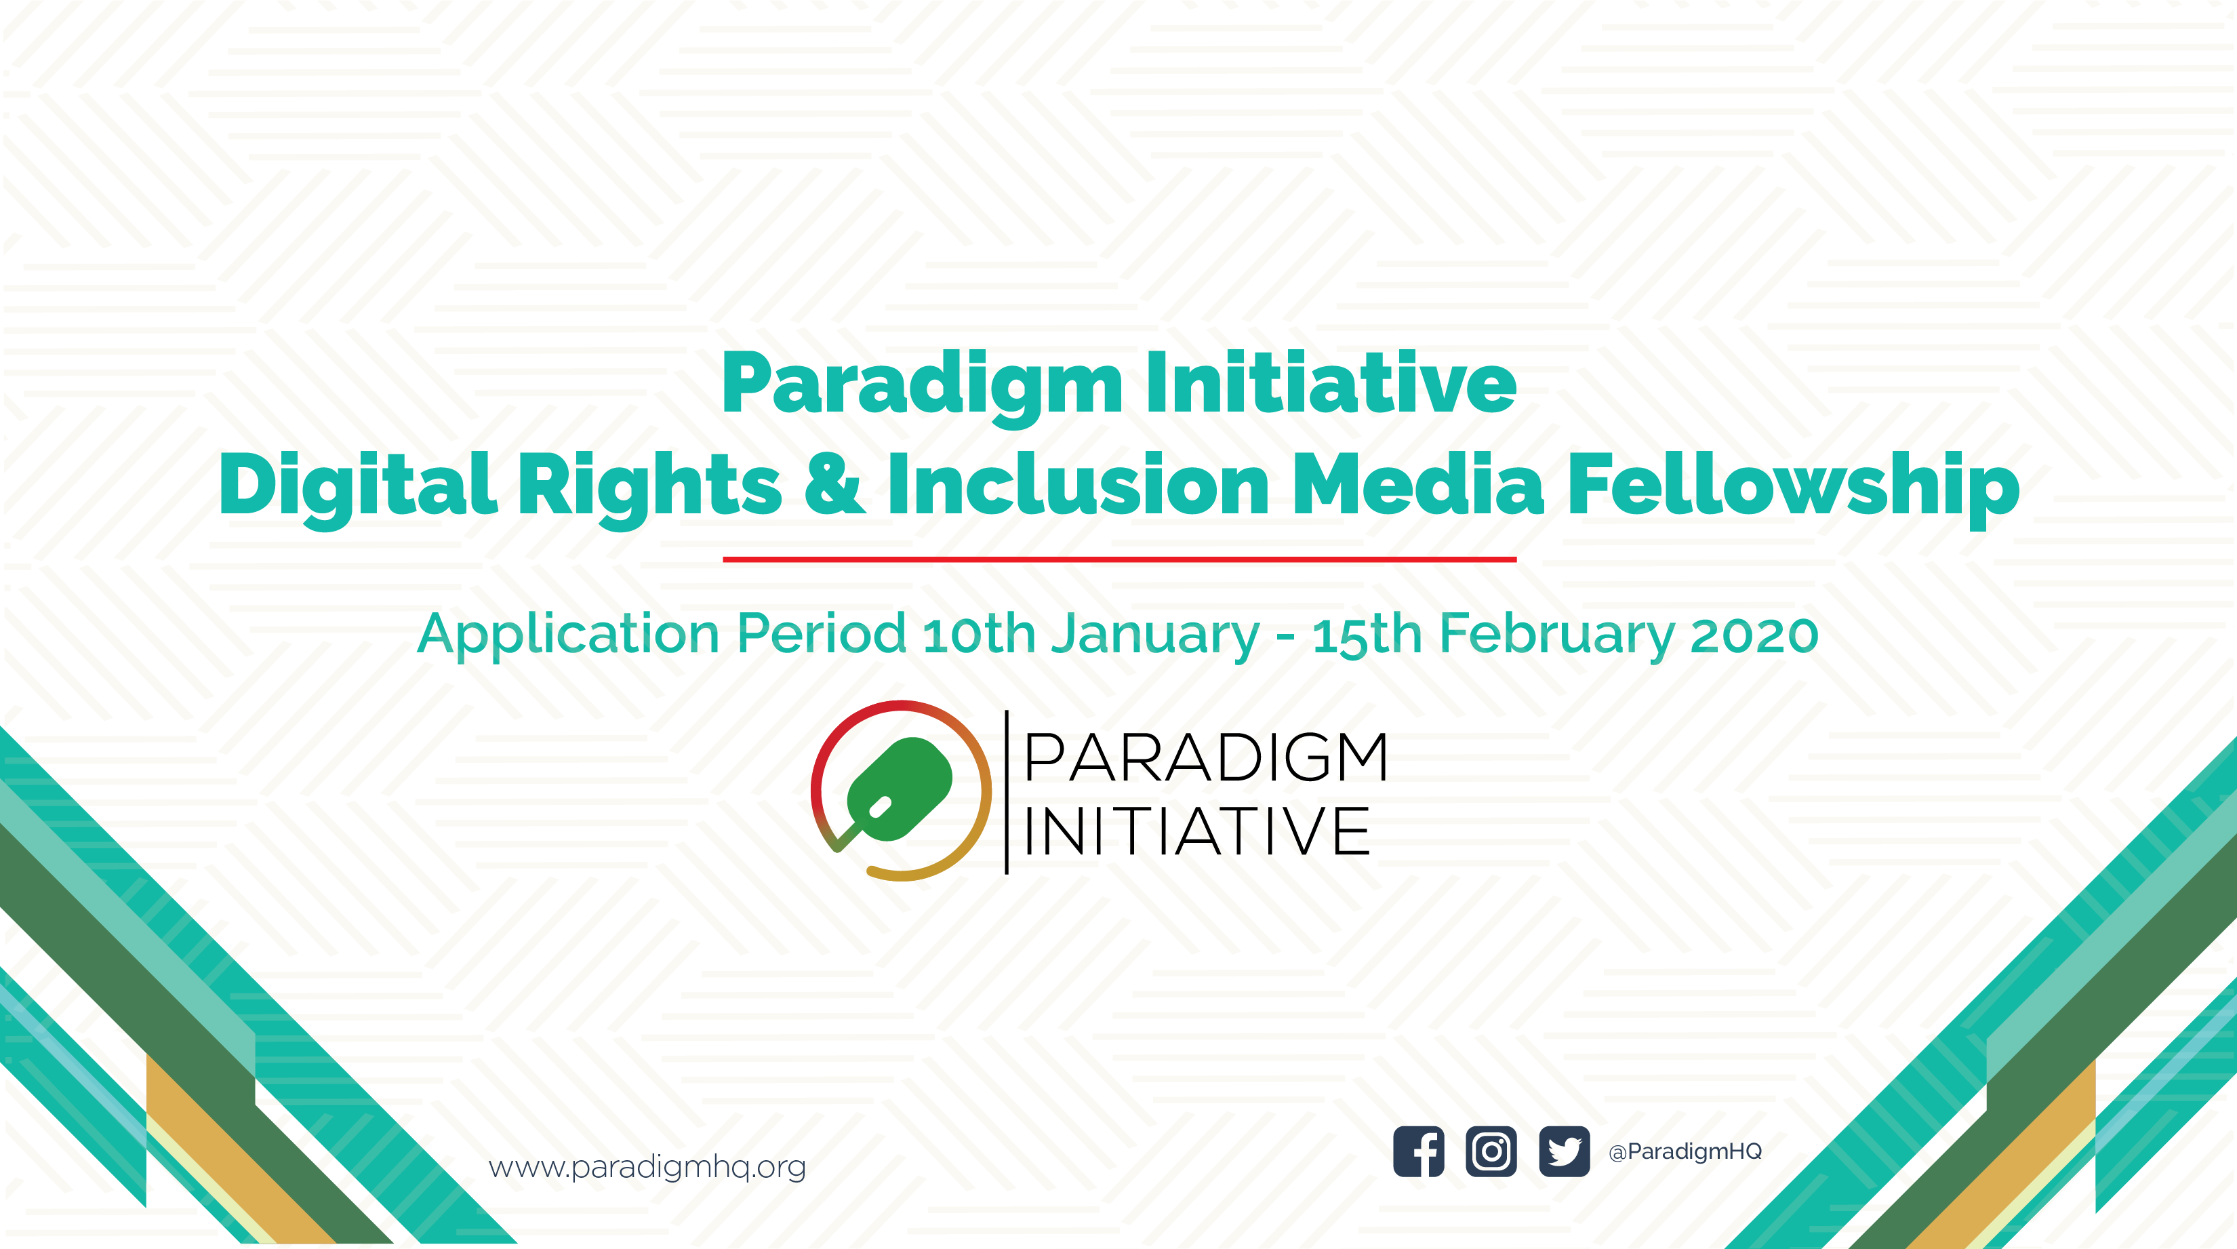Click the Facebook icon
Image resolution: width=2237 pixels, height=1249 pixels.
click(x=1418, y=1152)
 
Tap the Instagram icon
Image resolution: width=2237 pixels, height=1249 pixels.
click(x=1491, y=1152)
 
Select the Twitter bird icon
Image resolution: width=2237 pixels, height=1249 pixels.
click(x=1564, y=1152)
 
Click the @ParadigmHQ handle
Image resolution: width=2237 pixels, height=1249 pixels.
click(x=1685, y=1152)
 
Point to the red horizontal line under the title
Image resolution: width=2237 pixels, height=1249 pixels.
click(x=1119, y=559)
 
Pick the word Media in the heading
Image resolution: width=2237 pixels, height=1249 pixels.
click(x=1418, y=483)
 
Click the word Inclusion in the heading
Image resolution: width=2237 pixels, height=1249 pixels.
click(x=1079, y=483)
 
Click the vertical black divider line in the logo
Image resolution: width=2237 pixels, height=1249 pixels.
click(x=1007, y=792)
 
